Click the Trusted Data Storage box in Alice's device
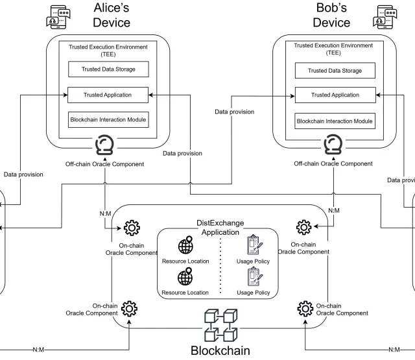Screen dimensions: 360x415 (x=108, y=71)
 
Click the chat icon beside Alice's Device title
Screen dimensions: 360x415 (x=59, y=17)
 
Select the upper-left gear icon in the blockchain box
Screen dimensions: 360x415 (x=132, y=227)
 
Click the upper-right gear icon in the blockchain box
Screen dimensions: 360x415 (x=303, y=227)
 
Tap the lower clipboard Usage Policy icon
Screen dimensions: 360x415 (x=253, y=278)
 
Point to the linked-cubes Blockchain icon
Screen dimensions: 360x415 (x=219, y=326)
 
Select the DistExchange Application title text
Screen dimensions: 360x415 (x=220, y=227)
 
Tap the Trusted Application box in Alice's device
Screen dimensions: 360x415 (x=108, y=95)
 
